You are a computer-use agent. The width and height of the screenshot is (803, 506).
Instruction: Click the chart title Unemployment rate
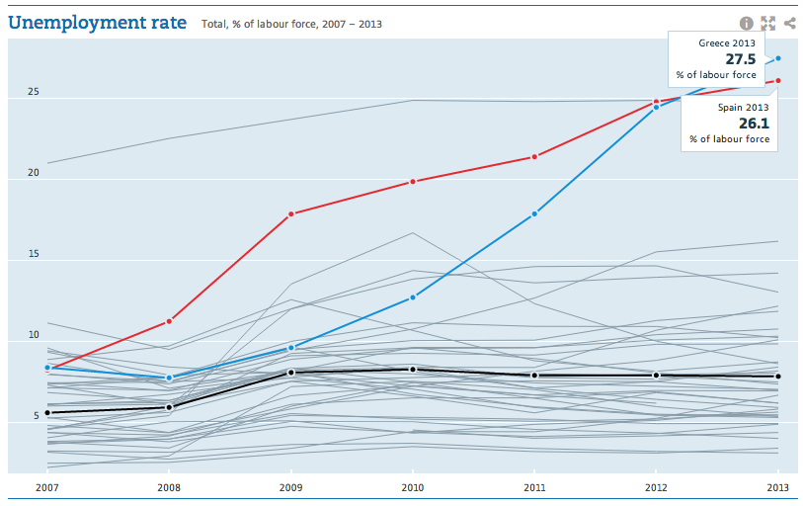[97, 22]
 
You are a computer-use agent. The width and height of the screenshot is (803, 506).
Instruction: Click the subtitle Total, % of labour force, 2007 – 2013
[291, 24]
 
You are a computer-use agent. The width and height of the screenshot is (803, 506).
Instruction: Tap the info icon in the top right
[746, 23]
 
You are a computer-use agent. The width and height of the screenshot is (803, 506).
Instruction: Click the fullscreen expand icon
[767, 23]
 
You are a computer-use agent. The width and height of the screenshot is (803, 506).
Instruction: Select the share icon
[789, 23]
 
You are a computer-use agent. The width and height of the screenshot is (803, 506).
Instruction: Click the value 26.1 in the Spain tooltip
[754, 124]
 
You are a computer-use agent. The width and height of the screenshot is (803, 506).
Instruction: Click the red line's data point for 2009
[290, 213]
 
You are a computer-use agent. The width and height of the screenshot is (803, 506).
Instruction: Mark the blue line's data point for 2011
[534, 213]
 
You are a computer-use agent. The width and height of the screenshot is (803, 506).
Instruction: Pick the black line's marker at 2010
[412, 369]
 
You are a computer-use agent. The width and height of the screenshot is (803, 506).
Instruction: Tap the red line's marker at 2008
[169, 321]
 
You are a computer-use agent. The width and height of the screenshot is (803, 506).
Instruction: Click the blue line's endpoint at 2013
[778, 58]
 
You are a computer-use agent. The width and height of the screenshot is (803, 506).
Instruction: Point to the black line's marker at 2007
[47, 412]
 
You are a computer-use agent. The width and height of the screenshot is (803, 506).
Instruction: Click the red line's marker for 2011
[534, 156]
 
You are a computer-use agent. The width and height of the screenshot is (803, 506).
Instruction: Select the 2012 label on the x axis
[656, 487]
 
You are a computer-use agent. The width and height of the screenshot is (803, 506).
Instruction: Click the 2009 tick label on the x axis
[290, 487]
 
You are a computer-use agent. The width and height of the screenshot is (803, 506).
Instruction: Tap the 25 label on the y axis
[34, 92]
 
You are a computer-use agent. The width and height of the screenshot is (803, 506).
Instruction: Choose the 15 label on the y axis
[34, 254]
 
